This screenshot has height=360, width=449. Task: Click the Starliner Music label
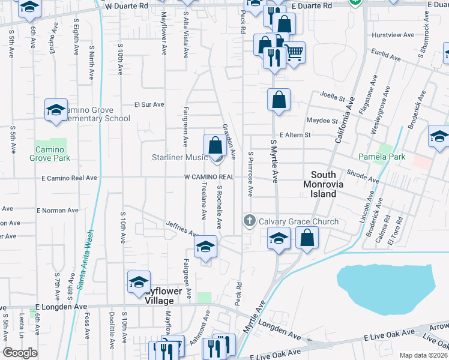[179, 157]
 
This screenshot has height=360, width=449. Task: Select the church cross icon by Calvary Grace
[250, 221]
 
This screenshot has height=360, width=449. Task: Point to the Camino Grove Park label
[50, 154]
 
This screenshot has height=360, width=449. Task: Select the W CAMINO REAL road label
[208, 177]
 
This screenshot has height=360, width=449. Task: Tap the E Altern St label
[295, 135]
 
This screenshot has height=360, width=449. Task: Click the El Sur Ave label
[149, 104]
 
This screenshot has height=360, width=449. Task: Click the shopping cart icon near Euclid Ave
[294, 53]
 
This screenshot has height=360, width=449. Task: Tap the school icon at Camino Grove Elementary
[56, 110]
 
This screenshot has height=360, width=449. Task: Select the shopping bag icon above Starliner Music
[215, 145]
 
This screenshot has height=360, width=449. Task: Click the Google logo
[20, 353]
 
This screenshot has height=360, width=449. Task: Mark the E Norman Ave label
[58, 211]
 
